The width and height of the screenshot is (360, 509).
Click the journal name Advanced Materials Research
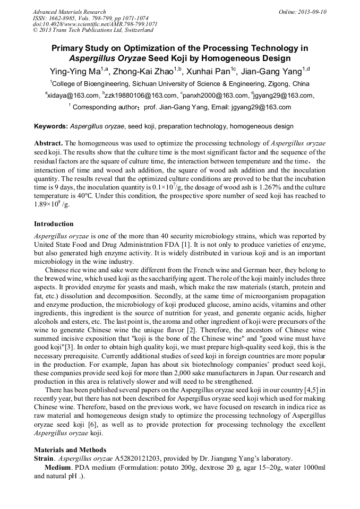click(x=69, y=12)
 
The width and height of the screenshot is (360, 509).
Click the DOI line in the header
click(x=95, y=24)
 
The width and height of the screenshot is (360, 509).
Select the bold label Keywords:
click(x=51, y=127)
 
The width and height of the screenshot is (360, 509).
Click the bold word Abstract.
click(x=48, y=144)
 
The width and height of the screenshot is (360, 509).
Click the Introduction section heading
click(x=54, y=224)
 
